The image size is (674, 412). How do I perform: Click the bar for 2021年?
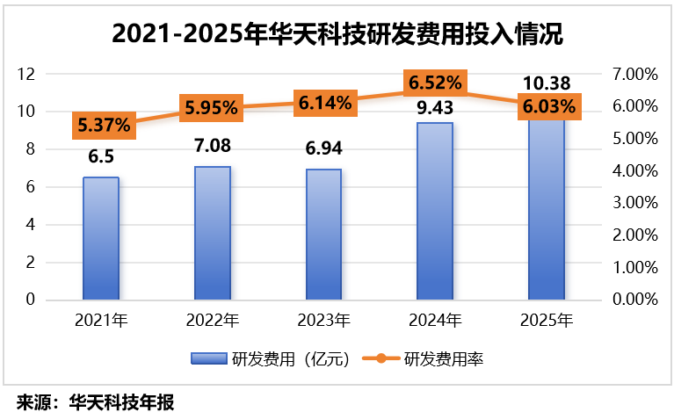[x=101, y=238]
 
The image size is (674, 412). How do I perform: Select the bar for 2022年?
[x=212, y=233]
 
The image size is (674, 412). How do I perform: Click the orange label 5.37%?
[x=104, y=126]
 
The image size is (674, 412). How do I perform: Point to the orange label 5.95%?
[x=211, y=109]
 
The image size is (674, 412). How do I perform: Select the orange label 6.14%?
[x=323, y=102]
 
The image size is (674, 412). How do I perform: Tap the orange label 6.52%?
[x=434, y=83]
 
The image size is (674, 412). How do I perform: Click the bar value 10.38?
[x=547, y=83]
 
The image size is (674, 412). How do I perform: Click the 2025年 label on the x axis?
[x=546, y=319]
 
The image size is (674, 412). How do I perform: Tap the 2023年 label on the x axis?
[x=323, y=319]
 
